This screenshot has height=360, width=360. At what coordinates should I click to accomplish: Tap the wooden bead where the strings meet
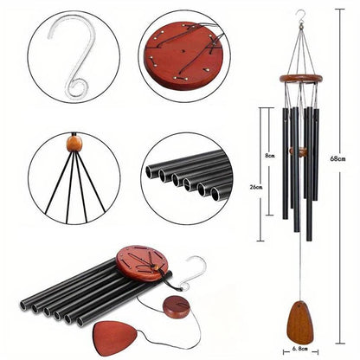click(74, 144)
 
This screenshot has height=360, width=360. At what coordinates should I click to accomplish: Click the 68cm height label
click(337, 158)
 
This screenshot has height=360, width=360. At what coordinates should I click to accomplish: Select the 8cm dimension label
click(269, 156)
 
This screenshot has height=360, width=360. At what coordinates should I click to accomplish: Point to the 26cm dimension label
click(256, 187)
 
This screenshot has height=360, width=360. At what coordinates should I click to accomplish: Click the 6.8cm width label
click(300, 349)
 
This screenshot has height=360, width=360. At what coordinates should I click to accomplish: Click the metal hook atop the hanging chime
click(301, 19)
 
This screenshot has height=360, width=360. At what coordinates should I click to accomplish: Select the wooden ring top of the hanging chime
click(300, 78)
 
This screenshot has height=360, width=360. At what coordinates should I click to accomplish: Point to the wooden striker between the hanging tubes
click(299, 151)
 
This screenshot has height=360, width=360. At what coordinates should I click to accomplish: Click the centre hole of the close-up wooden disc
click(183, 51)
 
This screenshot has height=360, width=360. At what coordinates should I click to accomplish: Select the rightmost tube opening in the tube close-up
click(217, 194)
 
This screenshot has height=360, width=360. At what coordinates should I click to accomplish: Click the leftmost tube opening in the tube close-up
click(151, 172)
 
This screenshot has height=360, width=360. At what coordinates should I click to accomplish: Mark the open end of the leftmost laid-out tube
click(23, 305)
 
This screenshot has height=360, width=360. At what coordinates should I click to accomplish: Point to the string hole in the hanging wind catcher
click(300, 305)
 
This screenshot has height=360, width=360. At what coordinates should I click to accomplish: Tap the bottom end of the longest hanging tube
click(309, 239)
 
